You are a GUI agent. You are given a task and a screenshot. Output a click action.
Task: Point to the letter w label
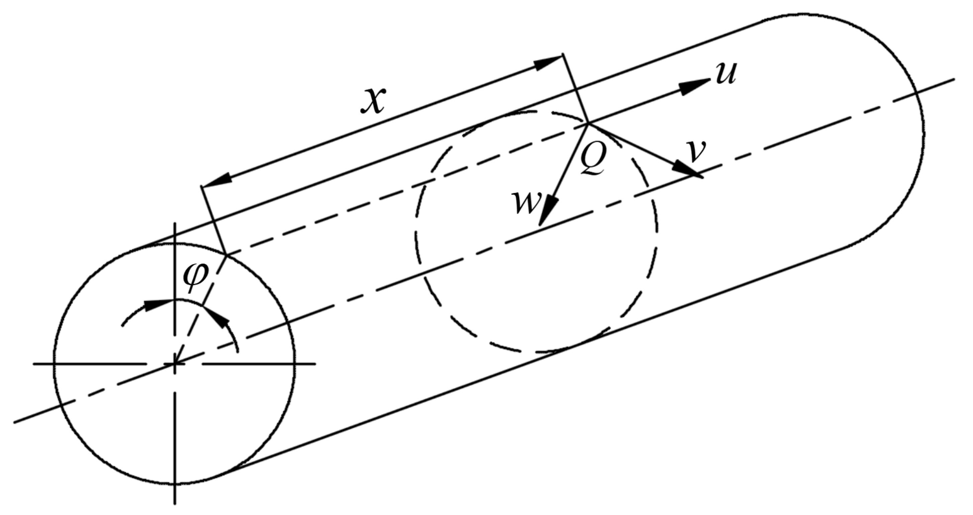tap(526, 203)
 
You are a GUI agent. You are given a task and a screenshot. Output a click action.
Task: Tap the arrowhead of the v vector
tap(686, 168)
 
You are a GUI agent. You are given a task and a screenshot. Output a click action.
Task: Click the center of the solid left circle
tap(175, 364)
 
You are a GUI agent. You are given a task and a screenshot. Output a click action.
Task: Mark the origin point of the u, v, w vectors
tap(588, 123)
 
